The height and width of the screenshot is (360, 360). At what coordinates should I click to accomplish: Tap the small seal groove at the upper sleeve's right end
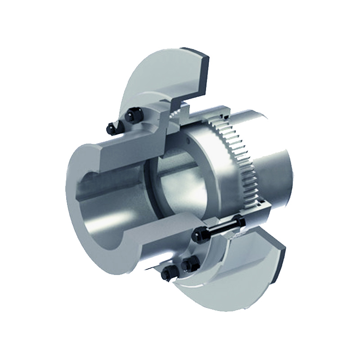pos(182,110)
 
